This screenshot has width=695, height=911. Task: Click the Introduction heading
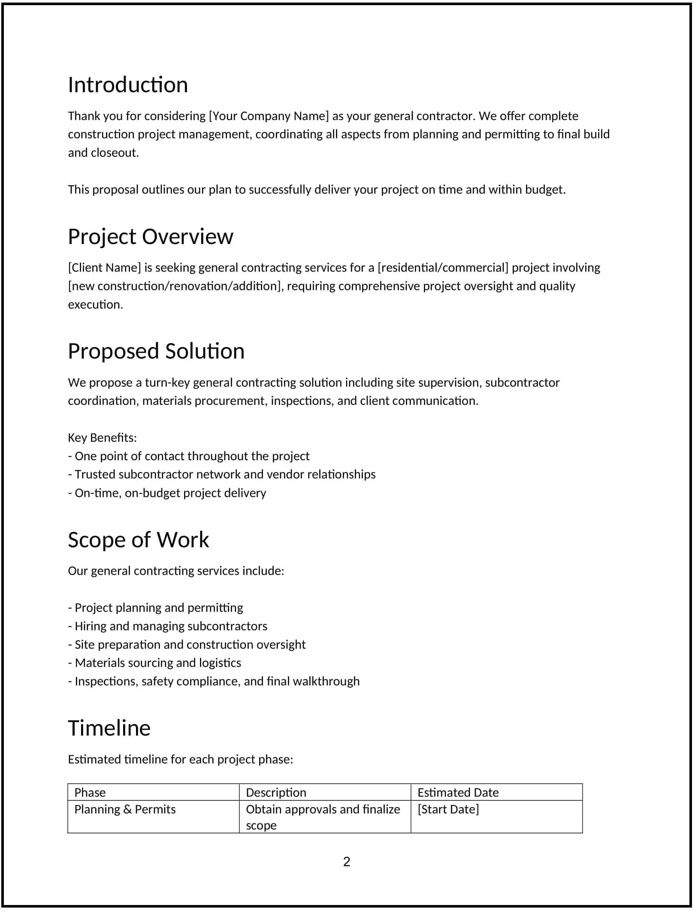pyautogui.click(x=128, y=85)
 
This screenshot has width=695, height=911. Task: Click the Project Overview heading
pyautogui.click(x=150, y=236)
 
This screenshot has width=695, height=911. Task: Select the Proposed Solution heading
pyautogui.click(x=156, y=351)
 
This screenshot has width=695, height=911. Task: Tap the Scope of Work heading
pyautogui.click(x=138, y=540)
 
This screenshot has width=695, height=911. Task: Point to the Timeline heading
pyautogui.click(x=109, y=728)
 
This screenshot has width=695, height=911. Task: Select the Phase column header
pyautogui.click(x=90, y=792)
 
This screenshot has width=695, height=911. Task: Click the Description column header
pyautogui.click(x=276, y=792)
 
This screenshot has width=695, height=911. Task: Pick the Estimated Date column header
pyautogui.click(x=458, y=792)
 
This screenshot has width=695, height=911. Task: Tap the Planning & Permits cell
pyautogui.click(x=125, y=809)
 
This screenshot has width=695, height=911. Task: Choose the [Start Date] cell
pyautogui.click(x=448, y=809)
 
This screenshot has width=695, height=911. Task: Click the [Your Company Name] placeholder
pyautogui.click(x=269, y=116)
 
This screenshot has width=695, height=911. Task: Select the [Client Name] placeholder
pyautogui.click(x=104, y=268)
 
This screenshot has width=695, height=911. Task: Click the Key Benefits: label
pyautogui.click(x=102, y=437)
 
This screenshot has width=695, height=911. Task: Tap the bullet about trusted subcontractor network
pyautogui.click(x=221, y=474)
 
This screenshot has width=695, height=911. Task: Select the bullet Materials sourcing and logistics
pyautogui.click(x=154, y=663)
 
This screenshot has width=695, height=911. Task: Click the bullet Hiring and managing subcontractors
pyautogui.click(x=167, y=626)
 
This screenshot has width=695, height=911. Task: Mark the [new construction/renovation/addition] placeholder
pyautogui.click(x=175, y=286)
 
